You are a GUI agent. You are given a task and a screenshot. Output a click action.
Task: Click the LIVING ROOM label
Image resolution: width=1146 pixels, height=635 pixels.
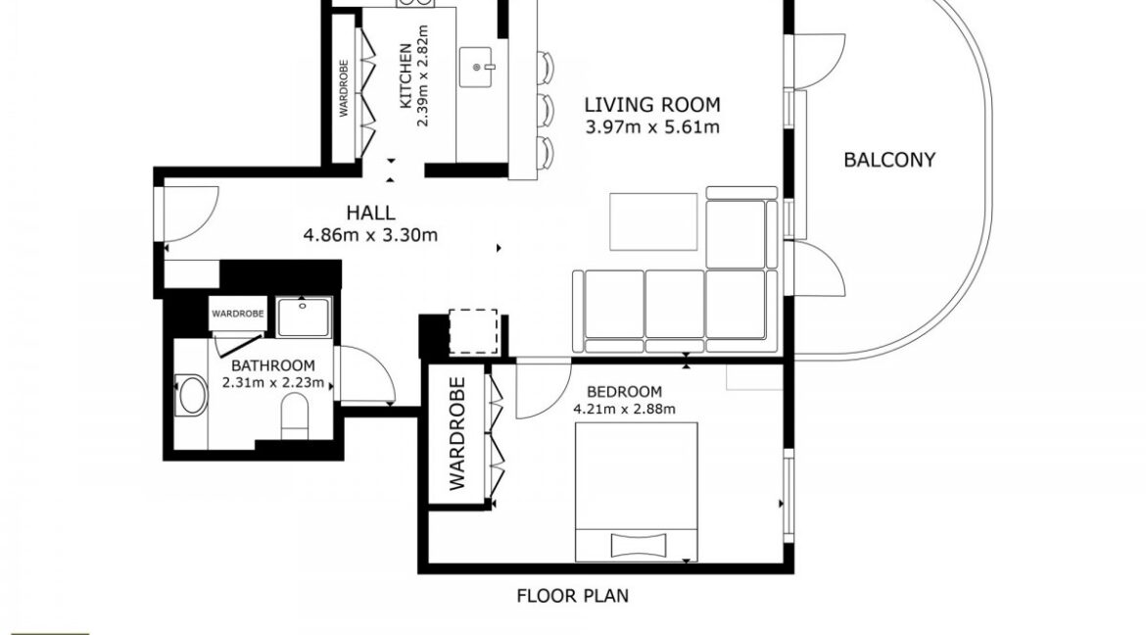(x=652, y=105)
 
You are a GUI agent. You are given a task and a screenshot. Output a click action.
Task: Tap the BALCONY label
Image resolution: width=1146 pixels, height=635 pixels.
(x=889, y=160)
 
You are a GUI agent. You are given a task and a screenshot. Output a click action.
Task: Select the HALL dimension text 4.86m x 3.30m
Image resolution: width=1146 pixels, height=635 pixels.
(x=370, y=235)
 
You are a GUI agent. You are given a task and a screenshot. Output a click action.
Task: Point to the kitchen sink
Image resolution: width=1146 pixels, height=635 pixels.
(x=478, y=68)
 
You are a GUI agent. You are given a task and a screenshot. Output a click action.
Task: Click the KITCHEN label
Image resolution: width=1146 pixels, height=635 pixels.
(x=406, y=76)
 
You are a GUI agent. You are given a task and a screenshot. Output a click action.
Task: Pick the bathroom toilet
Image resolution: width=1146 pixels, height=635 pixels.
(x=295, y=413)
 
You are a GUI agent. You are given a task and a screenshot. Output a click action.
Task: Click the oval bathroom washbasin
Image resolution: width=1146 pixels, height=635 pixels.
(x=191, y=396)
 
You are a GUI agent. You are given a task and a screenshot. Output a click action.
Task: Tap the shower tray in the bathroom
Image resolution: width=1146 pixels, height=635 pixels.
(x=304, y=317)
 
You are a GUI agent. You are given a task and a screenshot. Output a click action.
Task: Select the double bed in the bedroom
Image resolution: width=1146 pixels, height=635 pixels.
(x=637, y=492)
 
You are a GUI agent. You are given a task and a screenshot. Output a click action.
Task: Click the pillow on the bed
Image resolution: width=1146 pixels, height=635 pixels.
(x=639, y=545)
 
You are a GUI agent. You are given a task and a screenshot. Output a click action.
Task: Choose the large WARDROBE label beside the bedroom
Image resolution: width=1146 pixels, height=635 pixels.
(x=456, y=433)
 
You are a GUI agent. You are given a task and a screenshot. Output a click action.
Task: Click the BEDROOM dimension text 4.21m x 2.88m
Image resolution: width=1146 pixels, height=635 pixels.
(x=624, y=409)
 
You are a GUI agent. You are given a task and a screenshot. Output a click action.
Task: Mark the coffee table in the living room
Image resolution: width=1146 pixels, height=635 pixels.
(x=653, y=220)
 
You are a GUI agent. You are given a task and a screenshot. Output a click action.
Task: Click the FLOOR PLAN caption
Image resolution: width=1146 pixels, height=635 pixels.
(x=572, y=596)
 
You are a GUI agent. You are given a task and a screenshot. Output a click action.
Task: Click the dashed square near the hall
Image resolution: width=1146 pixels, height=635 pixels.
(x=474, y=332)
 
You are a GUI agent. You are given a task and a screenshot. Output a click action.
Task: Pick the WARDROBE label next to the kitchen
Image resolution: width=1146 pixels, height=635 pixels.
(x=344, y=88)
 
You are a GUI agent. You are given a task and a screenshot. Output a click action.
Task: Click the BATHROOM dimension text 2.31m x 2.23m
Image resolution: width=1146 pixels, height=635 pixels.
(x=272, y=382)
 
